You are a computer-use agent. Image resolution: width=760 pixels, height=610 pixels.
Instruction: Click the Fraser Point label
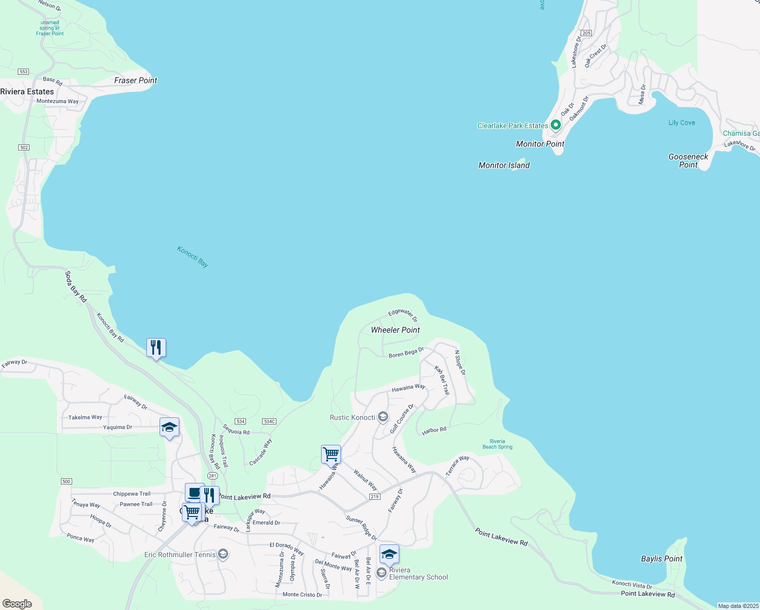(136, 80)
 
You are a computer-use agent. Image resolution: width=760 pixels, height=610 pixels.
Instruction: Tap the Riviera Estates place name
(27, 91)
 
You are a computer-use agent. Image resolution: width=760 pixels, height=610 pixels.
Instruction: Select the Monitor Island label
(504, 165)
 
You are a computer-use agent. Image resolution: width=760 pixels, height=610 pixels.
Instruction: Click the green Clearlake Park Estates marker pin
(556, 125)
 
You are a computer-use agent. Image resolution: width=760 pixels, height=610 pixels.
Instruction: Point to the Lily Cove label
(681, 123)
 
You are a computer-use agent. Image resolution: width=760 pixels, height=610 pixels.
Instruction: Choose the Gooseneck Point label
(688, 161)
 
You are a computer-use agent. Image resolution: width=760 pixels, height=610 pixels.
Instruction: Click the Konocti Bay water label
(193, 256)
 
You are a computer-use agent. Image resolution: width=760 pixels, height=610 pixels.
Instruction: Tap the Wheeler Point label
(395, 330)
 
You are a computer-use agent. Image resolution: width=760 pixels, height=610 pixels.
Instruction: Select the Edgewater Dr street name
(403, 315)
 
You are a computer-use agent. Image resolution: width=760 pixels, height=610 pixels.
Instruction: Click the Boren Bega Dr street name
(406, 353)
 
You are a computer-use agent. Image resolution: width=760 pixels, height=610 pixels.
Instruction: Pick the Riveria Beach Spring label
(497, 444)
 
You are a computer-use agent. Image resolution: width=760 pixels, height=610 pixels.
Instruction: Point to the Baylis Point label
(661, 559)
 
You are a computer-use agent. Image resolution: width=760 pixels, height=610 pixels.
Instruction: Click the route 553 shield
(23, 72)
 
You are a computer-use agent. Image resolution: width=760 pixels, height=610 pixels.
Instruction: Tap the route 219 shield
(374, 497)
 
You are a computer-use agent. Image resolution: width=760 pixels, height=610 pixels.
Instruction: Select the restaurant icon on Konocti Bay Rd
(156, 348)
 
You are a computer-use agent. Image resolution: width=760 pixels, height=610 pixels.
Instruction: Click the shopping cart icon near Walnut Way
(331, 454)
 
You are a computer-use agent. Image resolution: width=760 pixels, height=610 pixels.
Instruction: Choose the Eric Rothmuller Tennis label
(180, 555)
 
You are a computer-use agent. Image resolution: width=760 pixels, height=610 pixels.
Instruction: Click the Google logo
(17, 604)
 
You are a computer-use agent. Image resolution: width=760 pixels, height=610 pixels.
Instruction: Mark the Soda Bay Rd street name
(76, 287)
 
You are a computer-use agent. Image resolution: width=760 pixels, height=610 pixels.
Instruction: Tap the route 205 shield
(586, 33)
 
